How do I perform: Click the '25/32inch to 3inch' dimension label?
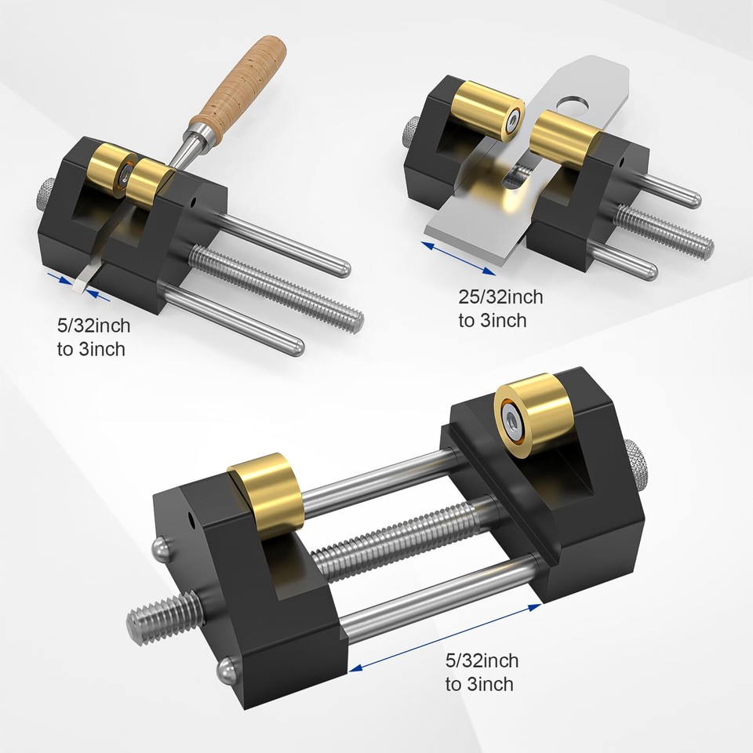(500, 308)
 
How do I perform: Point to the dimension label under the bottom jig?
(482, 672)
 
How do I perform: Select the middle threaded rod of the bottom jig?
(408, 541)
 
